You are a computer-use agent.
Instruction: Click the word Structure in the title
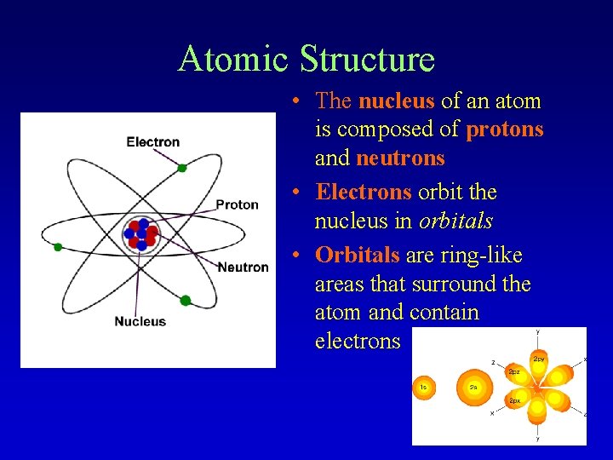point(367,59)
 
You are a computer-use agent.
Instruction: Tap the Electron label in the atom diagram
point(153,142)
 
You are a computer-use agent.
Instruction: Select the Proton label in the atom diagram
point(237,204)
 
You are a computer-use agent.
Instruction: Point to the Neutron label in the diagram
point(243,267)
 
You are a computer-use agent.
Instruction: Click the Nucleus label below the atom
point(140,321)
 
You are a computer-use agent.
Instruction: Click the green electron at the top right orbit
point(182,168)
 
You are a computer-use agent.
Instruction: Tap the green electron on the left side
point(58,247)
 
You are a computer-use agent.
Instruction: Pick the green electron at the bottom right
point(186,300)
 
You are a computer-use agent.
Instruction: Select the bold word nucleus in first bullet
point(396,101)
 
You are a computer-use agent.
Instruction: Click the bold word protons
point(505,129)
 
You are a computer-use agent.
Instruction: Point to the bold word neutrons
point(400,158)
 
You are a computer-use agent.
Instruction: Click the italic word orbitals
point(455,221)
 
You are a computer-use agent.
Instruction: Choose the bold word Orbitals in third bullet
point(357,256)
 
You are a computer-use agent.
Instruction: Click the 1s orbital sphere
point(425,388)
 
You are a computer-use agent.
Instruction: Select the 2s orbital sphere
point(473,388)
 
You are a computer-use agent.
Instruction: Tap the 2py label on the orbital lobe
point(539,359)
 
